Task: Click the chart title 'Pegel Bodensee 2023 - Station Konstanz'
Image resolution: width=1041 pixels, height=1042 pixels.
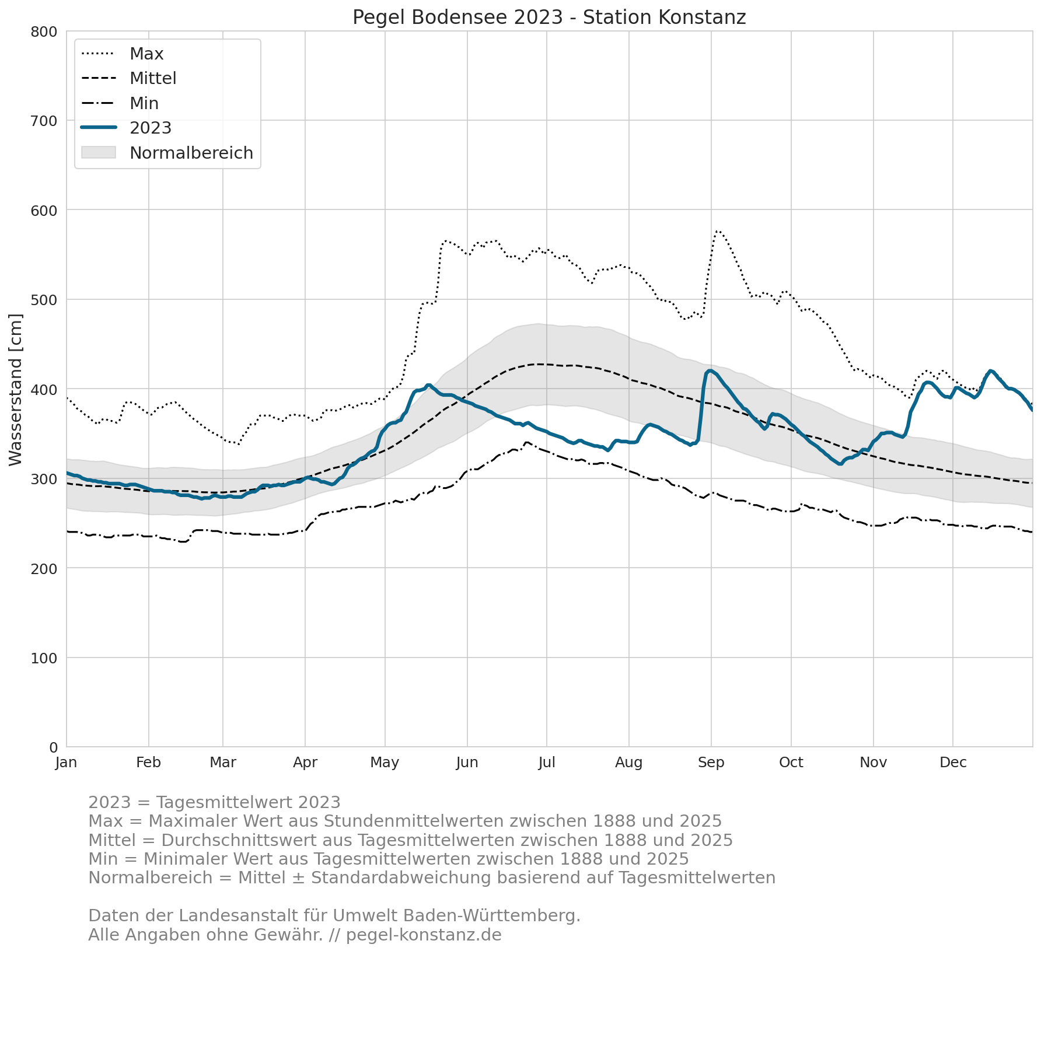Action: click(x=549, y=18)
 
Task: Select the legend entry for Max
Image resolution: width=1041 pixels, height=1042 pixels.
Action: click(x=123, y=54)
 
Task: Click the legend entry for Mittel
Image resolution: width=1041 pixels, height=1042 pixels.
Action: click(x=129, y=78)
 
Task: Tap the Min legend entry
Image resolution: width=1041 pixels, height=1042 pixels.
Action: click(x=120, y=103)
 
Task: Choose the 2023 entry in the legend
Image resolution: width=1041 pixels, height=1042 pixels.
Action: click(x=127, y=128)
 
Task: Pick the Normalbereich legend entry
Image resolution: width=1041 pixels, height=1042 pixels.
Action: click(x=167, y=153)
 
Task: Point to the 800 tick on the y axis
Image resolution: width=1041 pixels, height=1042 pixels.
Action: click(x=44, y=32)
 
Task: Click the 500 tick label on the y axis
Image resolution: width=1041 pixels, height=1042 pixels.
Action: click(x=44, y=300)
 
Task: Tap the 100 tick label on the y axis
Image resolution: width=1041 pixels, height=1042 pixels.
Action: click(x=44, y=658)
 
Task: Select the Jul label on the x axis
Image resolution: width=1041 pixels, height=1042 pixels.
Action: click(x=547, y=763)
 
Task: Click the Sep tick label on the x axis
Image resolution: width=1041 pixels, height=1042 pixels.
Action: click(x=711, y=763)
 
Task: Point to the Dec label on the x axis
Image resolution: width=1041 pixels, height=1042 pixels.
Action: click(x=953, y=763)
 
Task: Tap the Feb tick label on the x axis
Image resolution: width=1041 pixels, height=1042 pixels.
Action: click(x=149, y=763)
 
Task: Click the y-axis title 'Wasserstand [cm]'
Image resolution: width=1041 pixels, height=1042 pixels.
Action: click(x=16, y=390)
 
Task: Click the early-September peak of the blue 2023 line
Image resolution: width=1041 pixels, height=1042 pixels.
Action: click(x=710, y=370)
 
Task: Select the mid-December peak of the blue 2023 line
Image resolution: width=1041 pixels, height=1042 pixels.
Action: click(x=990, y=371)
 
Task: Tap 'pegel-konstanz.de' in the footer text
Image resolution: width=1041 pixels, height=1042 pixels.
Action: click(x=424, y=935)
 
